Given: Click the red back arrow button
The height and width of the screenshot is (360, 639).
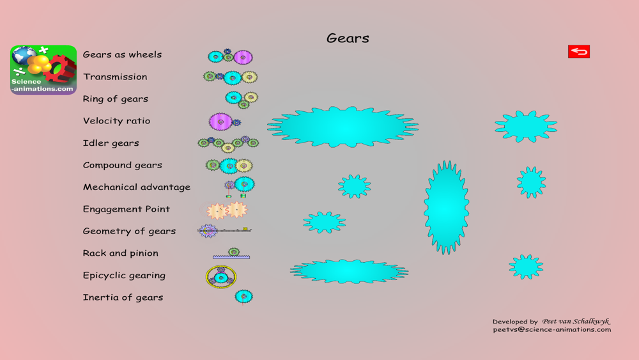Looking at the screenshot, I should pos(579,52).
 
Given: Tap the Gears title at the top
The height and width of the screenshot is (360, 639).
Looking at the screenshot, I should pos(348,38).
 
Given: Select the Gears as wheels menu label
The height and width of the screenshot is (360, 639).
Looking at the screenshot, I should pos(122,54).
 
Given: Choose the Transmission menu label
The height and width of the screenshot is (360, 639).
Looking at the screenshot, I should pos(115,77).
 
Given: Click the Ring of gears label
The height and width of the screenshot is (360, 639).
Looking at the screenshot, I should pos(115,98).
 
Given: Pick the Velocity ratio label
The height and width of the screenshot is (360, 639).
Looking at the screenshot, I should pos(116,121).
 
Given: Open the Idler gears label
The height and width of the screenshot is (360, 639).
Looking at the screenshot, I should pos(111,143).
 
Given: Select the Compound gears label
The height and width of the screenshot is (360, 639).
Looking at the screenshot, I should pos(122,165).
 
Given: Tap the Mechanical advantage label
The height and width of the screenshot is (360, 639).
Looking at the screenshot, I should pos(136,187).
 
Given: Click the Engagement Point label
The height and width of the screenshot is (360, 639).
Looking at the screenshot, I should pos(126,209).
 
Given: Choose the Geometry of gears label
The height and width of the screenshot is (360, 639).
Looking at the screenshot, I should pos(129,231).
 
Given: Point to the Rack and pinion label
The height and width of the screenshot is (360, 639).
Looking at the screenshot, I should pos(120,253).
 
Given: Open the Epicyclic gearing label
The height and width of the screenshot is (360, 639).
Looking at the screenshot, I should pos(124,276).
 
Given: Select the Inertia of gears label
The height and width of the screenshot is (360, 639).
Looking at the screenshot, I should pos(123,297).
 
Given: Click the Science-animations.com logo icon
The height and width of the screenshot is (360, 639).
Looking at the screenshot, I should pos(43,70).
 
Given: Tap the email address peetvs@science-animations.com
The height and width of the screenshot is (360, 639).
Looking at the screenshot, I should pos(551,329).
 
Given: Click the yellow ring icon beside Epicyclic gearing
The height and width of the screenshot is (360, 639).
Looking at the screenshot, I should pos(221,277).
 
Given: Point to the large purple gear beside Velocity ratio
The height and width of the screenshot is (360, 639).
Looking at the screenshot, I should pos(220,121).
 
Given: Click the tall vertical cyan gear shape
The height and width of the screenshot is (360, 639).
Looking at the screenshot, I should pos(446,207).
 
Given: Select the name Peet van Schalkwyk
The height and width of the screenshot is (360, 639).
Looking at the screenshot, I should pos(576,321).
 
